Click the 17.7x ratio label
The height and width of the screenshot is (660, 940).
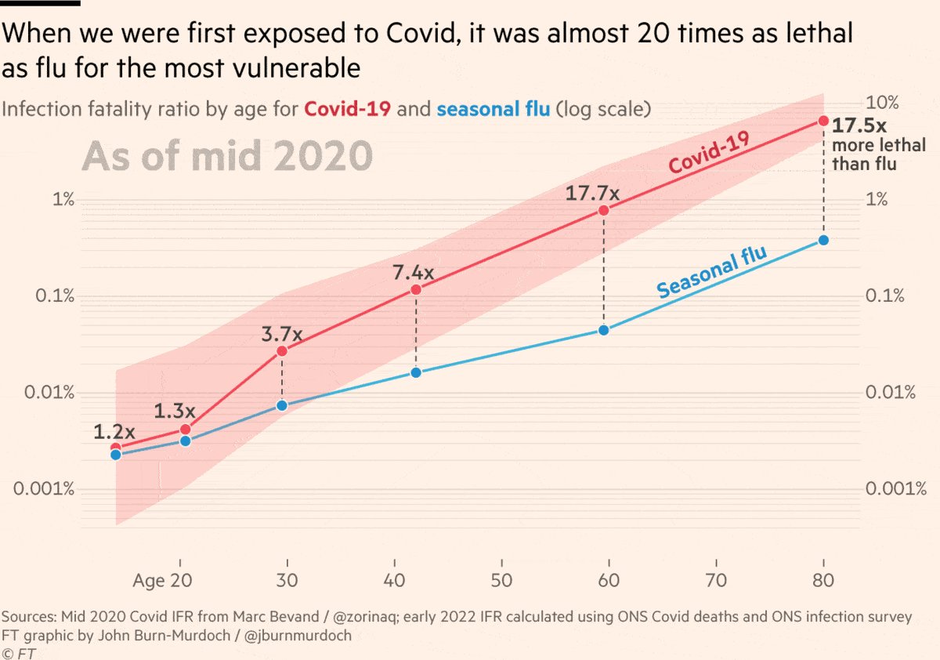[x=592, y=193]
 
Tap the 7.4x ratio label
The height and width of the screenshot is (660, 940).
[x=413, y=273]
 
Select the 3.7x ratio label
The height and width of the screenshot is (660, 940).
[x=281, y=335]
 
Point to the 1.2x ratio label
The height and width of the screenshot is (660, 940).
[x=114, y=431]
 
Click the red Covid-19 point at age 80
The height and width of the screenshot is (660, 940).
[x=823, y=121]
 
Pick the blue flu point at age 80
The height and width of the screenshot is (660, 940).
[x=823, y=240]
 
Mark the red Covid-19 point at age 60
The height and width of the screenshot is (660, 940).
[x=603, y=211]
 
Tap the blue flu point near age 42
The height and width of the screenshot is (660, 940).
[x=416, y=372]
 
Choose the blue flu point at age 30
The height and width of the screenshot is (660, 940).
[x=282, y=405]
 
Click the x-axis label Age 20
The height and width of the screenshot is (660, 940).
[x=162, y=581]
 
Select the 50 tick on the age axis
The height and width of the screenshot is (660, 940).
[x=501, y=581]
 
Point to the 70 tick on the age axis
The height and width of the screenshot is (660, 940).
[x=716, y=581]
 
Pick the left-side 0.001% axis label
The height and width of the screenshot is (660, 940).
[x=45, y=489]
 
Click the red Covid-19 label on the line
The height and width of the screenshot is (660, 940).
[x=709, y=152]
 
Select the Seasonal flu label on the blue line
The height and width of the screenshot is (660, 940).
[x=710, y=271]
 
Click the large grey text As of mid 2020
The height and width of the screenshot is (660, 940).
[x=227, y=156]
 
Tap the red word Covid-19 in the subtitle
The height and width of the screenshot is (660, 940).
[x=348, y=109]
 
